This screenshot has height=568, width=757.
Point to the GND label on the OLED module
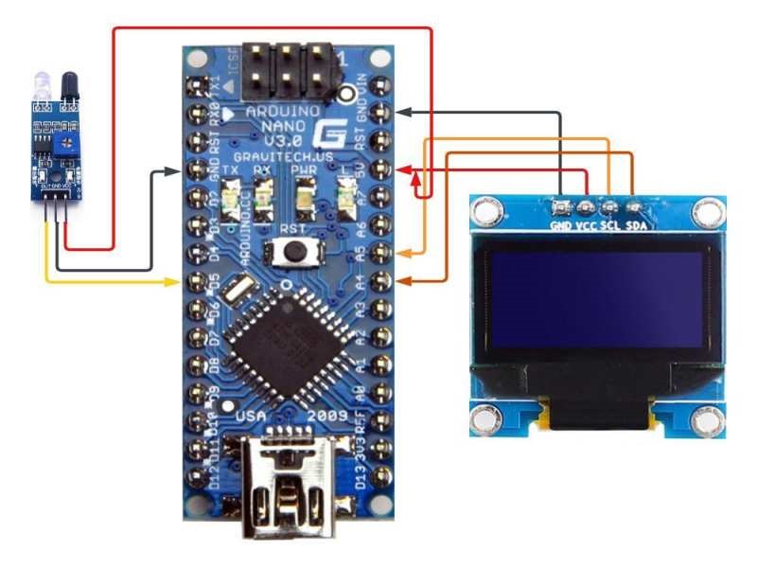[562, 226]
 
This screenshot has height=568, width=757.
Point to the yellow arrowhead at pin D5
[174, 281]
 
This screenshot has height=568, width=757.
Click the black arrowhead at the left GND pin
[174, 171]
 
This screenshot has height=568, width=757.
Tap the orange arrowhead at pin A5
[405, 254]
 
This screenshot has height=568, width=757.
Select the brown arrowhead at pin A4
[405, 280]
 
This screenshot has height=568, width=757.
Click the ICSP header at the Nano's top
[285, 70]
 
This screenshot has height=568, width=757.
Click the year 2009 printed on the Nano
[329, 417]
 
